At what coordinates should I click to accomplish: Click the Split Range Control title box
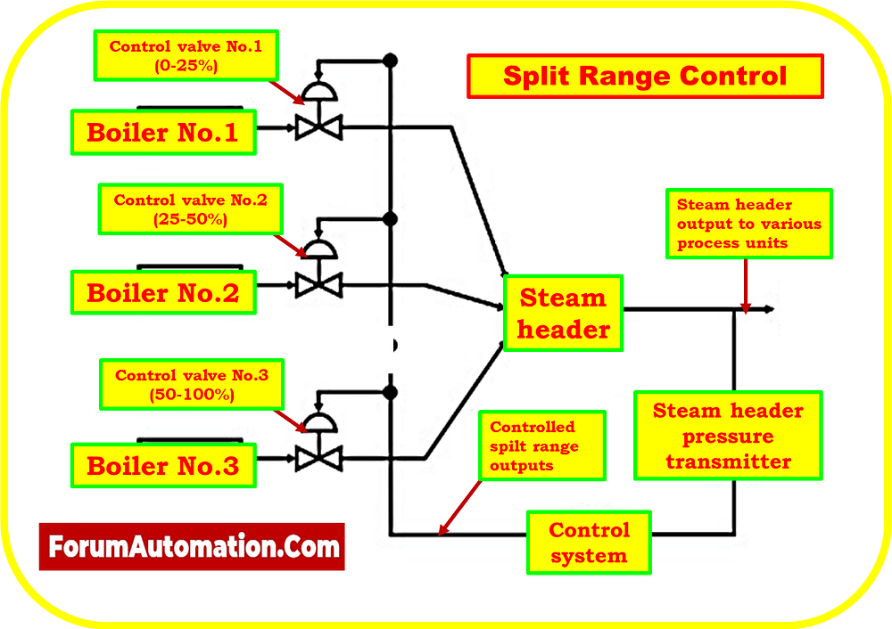(645, 76)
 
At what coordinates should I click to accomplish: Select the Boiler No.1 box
(162, 133)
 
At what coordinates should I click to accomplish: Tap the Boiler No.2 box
(162, 291)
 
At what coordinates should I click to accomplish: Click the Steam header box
(563, 314)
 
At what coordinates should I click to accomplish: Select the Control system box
(589, 543)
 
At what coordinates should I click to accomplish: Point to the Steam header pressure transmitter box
(728, 436)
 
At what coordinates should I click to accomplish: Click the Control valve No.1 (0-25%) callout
(186, 54)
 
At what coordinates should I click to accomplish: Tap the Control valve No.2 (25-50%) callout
(190, 208)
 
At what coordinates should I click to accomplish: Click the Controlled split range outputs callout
(541, 446)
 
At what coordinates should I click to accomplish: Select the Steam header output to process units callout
(749, 224)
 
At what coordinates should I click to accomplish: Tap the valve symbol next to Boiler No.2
(314, 285)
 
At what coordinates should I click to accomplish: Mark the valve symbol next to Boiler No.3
(314, 458)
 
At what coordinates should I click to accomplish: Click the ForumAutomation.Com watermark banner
(191, 546)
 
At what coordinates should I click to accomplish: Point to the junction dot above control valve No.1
(389, 61)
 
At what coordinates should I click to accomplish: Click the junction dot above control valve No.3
(389, 391)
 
